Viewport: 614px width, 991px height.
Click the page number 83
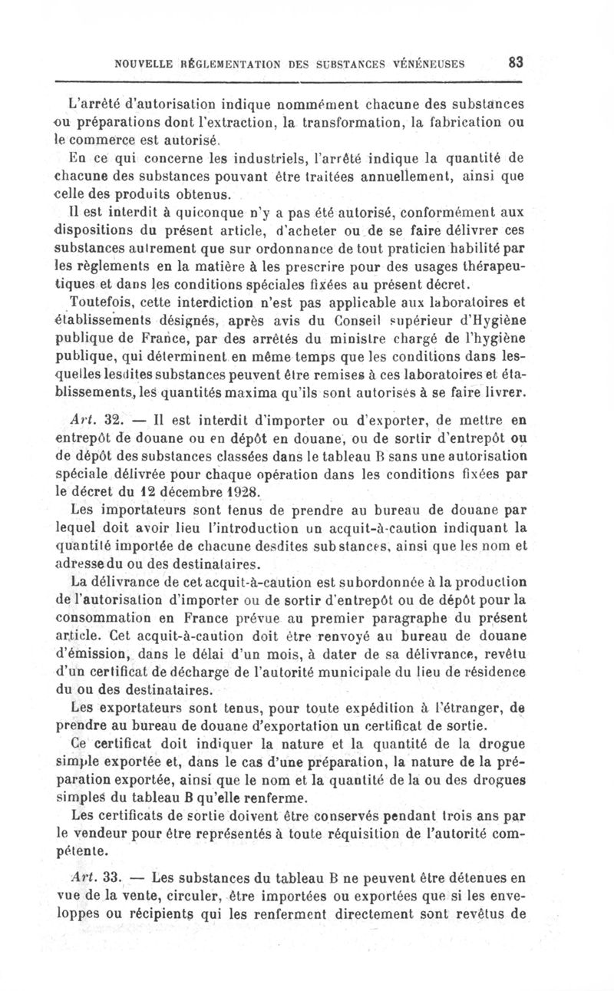pyautogui.click(x=515, y=61)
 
